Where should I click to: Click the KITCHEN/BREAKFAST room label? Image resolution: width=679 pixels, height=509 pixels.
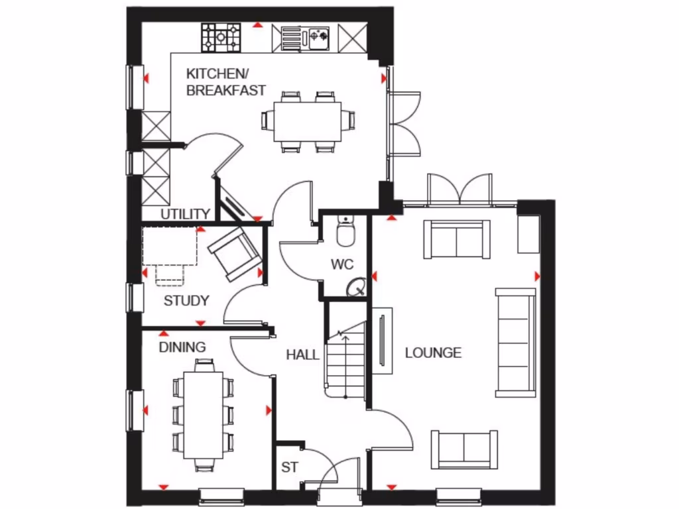[x=225, y=82]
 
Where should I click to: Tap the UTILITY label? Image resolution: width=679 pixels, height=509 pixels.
[x=186, y=214]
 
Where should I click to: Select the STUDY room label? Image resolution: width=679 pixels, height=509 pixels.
[x=186, y=301]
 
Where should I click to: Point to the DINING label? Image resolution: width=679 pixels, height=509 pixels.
[x=182, y=347]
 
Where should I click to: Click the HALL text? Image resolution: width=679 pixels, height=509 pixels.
[x=302, y=355]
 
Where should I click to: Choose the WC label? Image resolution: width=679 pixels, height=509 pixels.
[x=342, y=265]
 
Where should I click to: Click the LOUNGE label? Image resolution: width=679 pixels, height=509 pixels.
[x=433, y=353]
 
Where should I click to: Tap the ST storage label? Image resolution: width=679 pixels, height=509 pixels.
[x=290, y=467]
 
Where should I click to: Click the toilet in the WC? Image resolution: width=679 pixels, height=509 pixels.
[x=345, y=232]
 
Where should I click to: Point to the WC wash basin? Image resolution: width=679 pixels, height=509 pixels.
[x=357, y=287]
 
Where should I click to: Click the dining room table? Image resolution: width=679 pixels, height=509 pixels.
[x=203, y=415]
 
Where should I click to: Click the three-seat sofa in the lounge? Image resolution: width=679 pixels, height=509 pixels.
[x=516, y=343]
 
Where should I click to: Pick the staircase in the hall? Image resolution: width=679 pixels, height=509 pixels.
[x=346, y=361]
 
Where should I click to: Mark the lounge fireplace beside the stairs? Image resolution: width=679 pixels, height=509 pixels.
[x=382, y=339]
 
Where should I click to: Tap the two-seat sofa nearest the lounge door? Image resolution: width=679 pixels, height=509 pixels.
[x=464, y=449]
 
